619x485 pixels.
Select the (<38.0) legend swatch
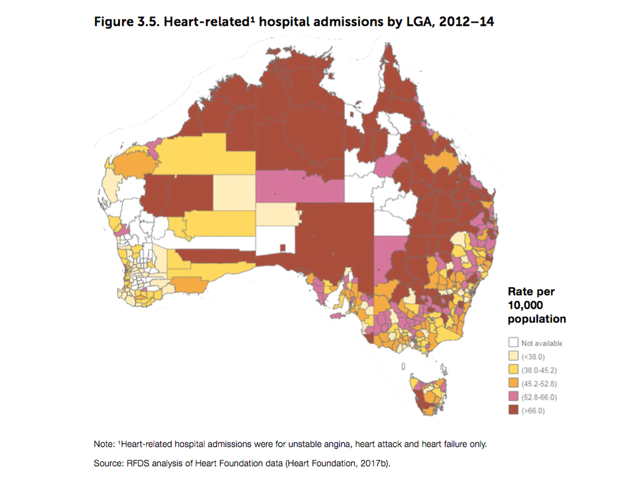(x=513, y=356)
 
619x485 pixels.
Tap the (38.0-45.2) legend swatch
(x=513, y=369)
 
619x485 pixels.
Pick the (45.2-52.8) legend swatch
(x=513, y=383)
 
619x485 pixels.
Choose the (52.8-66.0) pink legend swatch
(x=513, y=397)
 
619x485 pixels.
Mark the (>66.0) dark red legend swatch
(x=513, y=411)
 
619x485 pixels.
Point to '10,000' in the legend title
(x=525, y=305)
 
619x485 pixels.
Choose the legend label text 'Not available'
(x=541, y=343)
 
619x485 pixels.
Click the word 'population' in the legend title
(x=536, y=319)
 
